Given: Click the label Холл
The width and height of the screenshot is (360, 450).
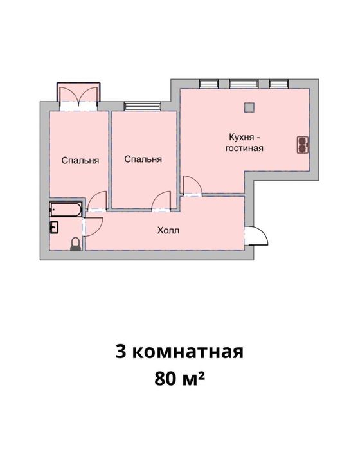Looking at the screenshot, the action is pos(168,230).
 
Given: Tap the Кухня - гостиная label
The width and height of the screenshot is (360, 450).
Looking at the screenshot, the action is pos(244,143).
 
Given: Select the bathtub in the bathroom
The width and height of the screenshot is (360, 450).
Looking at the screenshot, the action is pos(66,209).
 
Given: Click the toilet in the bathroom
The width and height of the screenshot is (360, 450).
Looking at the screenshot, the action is pos(75,244).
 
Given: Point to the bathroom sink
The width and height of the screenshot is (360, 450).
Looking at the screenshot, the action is pos(54,228).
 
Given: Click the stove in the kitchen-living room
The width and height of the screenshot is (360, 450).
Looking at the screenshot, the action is pos(303,145).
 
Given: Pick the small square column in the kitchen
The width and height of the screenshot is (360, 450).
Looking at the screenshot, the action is pos(249,107).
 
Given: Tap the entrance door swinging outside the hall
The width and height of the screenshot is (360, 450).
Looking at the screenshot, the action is pos(256,236).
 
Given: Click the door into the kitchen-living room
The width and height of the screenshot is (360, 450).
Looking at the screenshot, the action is pos(193,186).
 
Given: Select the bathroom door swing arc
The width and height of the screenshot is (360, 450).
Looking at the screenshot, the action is pos(93,227).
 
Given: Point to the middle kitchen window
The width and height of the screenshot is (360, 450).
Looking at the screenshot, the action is pos(244,83).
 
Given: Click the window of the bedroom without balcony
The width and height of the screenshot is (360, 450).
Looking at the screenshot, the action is pos(143,106).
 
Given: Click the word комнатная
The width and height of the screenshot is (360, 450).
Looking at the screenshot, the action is pos(188,352).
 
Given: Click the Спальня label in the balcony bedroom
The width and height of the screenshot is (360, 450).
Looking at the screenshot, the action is pos(80,160).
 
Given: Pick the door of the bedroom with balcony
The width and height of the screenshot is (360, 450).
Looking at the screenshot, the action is pos(97,201).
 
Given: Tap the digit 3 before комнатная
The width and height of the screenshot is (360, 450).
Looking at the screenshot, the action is pos(121,352).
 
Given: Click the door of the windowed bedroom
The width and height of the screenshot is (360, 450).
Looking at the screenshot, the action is pos(161,201).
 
